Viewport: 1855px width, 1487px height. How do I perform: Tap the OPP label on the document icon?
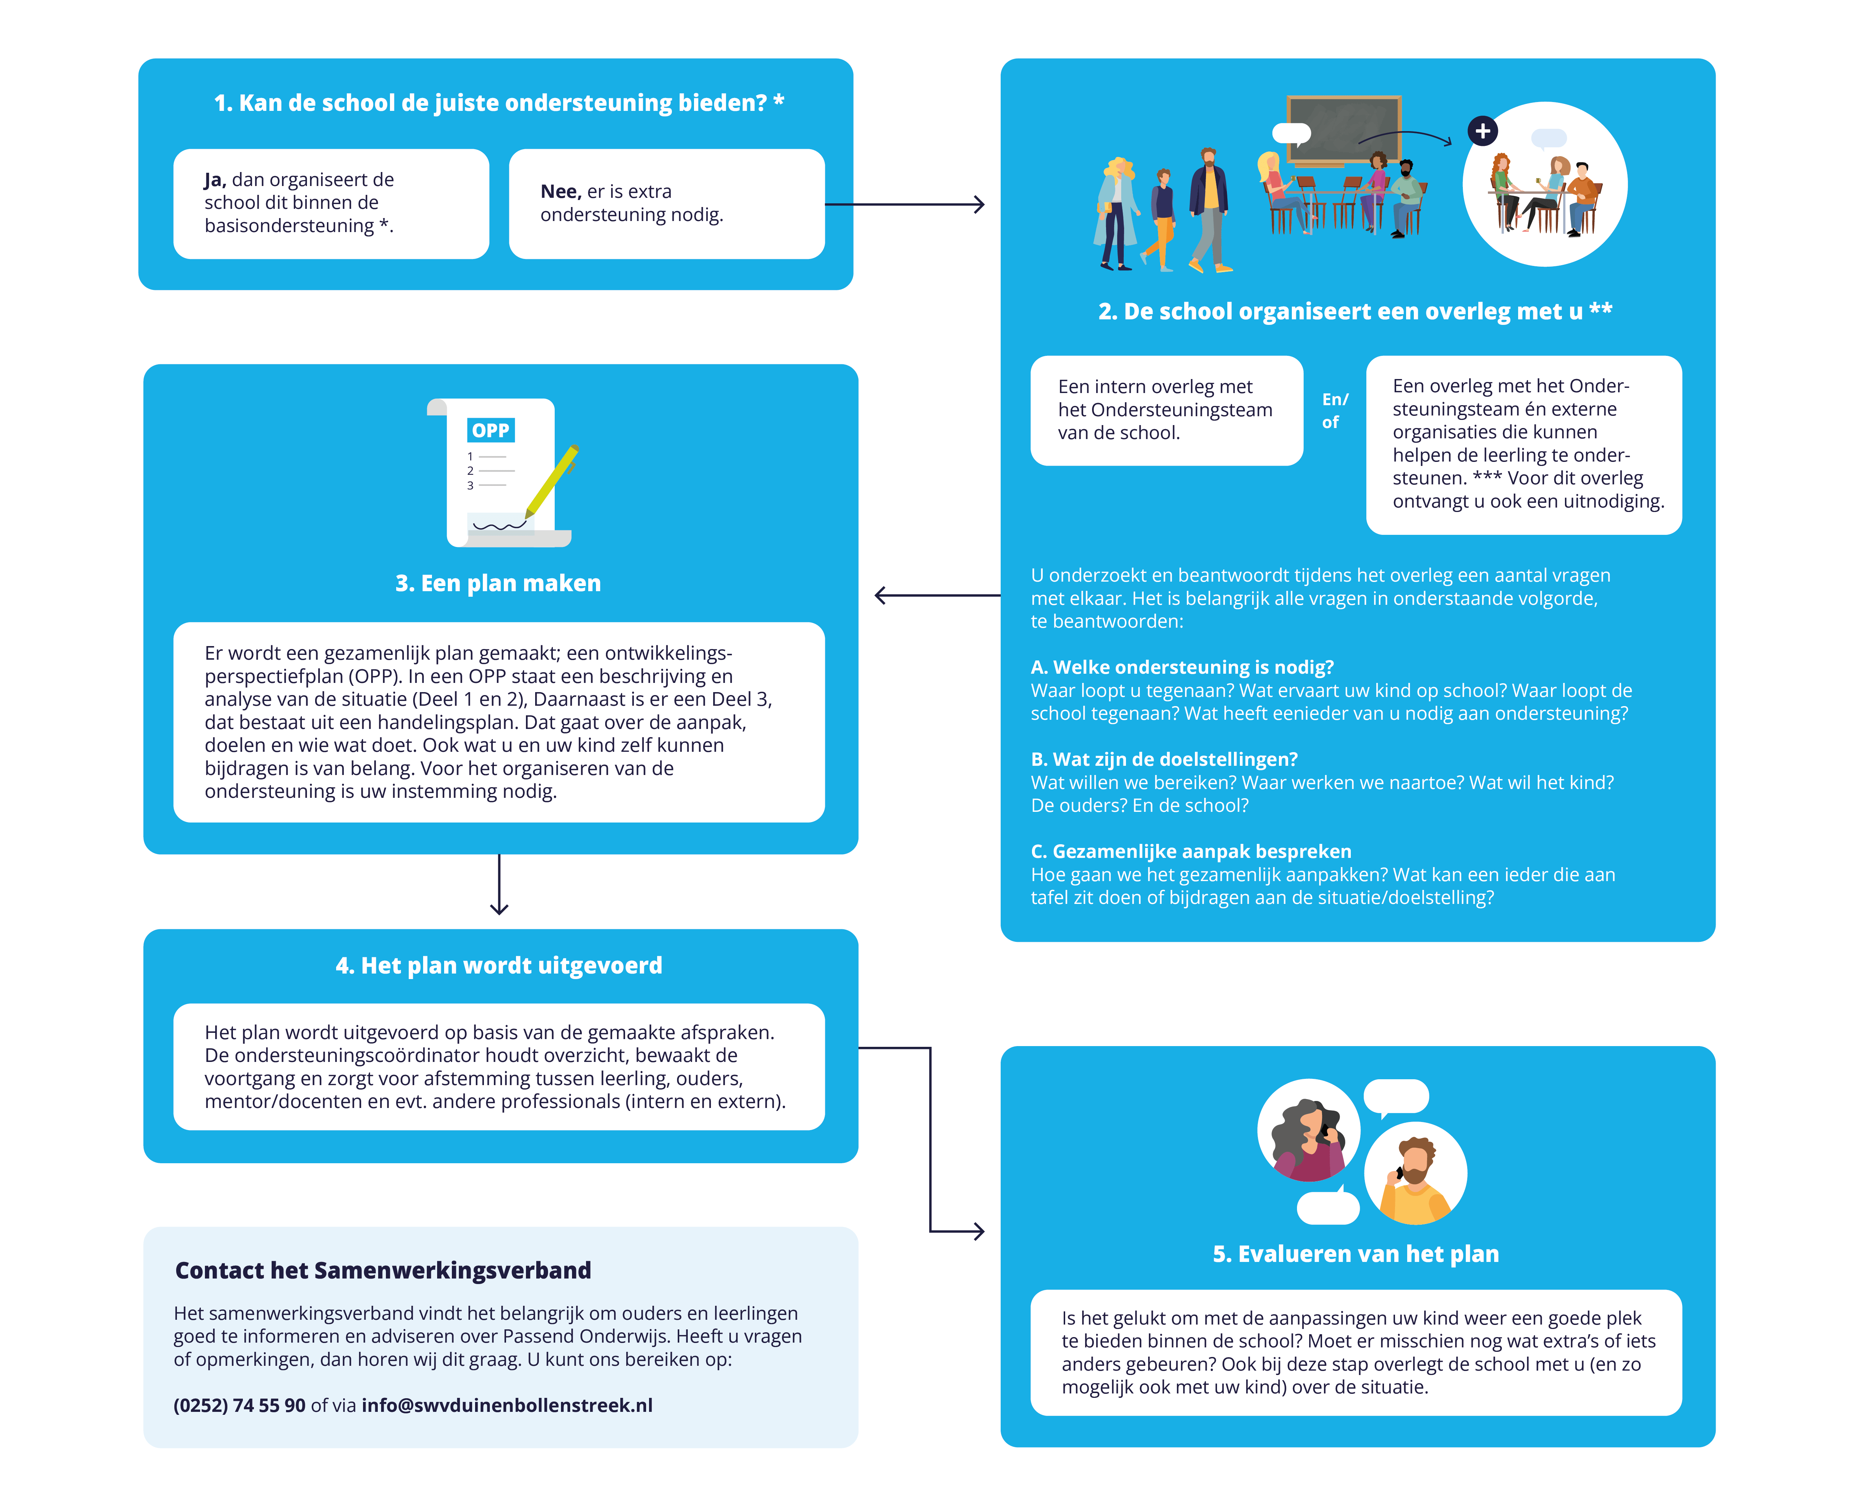tap(491, 430)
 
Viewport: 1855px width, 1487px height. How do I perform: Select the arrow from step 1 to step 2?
tap(903, 205)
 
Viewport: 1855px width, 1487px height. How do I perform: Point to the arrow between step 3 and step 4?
tap(499, 884)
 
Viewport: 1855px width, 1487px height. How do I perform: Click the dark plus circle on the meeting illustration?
tap(1482, 131)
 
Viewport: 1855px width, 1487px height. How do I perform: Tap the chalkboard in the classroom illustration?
tap(1343, 129)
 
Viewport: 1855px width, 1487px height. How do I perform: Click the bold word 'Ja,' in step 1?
tap(215, 180)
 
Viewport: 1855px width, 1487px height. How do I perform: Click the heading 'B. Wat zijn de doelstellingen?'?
tap(1163, 760)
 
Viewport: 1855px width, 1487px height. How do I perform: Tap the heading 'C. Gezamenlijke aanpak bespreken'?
tap(1191, 852)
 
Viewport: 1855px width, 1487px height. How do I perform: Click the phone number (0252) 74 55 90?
tap(239, 1405)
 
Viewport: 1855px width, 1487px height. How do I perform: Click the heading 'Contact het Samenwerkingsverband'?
tap(383, 1270)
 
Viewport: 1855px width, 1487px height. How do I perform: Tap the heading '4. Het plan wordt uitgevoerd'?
tap(499, 966)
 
